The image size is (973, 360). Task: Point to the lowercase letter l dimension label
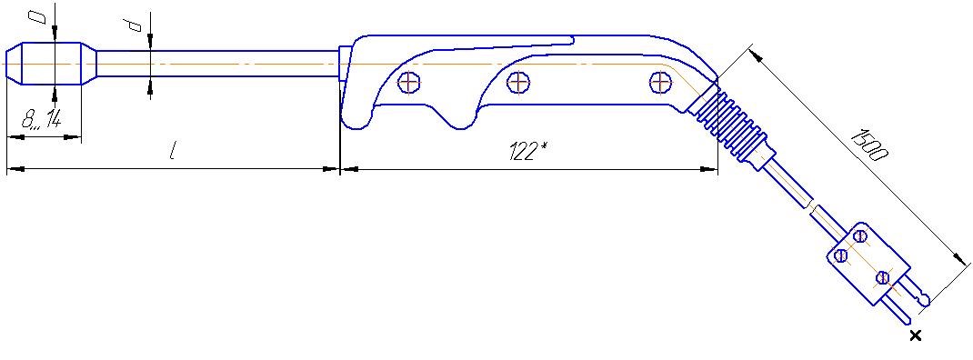tap(172, 152)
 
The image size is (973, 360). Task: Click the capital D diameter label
tap(41, 16)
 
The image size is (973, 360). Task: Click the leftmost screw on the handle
tap(409, 82)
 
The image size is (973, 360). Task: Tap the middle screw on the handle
tap(517, 81)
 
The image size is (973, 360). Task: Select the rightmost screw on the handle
tap(661, 82)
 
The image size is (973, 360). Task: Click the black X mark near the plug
tap(915, 335)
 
